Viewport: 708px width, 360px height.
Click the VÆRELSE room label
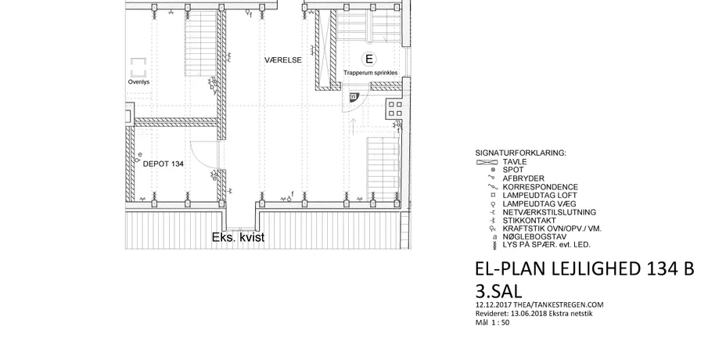point(283,60)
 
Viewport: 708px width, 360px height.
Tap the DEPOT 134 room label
point(164,164)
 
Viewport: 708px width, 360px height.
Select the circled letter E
point(369,59)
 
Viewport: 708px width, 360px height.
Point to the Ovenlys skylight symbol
point(138,67)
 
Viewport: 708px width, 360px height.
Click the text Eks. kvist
point(239,238)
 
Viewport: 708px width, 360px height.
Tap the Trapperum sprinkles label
point(371,73)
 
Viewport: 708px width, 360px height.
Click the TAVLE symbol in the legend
point(487,162)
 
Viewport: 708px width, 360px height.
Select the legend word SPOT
point(513,170)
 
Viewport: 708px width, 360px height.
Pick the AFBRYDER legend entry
point(523,178)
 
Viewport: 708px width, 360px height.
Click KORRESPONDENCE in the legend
point(540,187)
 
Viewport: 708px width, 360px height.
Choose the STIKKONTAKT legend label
point(523,221)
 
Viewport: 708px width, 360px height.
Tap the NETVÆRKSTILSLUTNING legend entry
point(549,212)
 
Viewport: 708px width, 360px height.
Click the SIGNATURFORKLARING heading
point(520,153)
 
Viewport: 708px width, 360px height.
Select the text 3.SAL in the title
point(498,291)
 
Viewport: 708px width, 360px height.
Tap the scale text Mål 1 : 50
point(493,322)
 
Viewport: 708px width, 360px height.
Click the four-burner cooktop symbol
point(394,109)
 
